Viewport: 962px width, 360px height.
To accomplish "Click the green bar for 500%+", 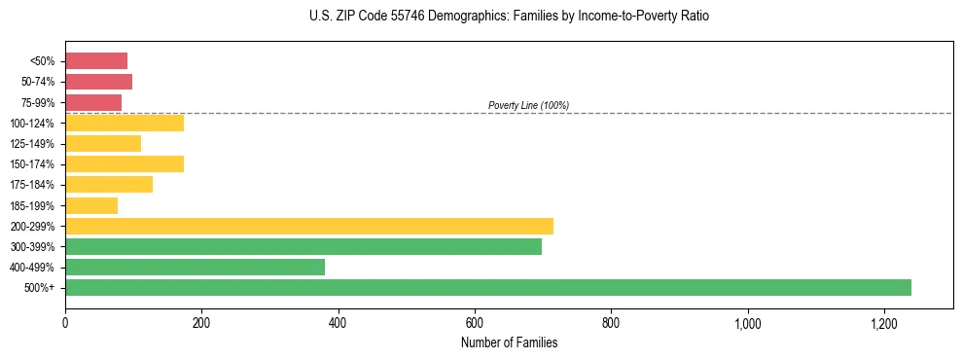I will [488, 287].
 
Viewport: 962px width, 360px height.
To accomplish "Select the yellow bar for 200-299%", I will [309, 226].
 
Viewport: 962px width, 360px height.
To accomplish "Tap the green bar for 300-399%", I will [303, 246].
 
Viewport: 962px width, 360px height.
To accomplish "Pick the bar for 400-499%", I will [195, 267].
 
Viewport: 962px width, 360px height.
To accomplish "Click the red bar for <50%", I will [96, 60].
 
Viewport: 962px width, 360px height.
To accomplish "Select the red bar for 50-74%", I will [98, 81].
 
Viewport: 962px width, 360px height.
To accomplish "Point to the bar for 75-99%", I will [93, 102].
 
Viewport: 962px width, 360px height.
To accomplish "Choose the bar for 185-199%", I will [91, 205].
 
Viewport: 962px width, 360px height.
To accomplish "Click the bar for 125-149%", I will [103, 143].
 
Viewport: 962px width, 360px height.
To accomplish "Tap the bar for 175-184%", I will [109, 184].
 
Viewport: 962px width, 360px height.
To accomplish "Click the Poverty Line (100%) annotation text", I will [528, 105].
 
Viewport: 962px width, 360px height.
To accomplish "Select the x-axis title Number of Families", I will [509, 342].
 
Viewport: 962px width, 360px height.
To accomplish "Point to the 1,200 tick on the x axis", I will [884, 322].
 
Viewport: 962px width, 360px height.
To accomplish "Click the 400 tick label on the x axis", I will [338, 322].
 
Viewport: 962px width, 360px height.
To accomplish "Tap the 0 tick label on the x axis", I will [65, 322].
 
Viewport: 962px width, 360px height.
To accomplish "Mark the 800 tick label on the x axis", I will [611, 322].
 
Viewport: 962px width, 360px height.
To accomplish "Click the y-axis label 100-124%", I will [32, 123].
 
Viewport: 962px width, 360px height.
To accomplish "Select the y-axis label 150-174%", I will [32, 163].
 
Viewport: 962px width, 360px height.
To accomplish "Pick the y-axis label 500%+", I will [39, 288].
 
